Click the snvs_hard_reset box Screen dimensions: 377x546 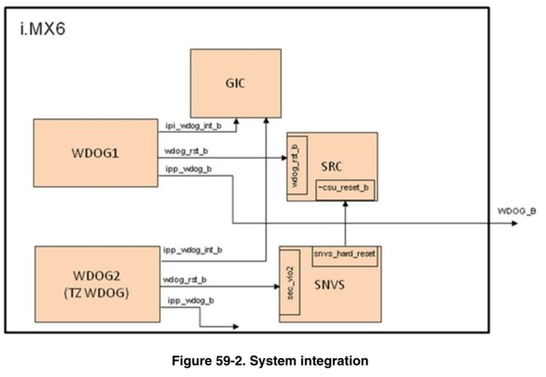[x=345, y=254]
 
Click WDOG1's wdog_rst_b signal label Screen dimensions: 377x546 [x=186, y=152]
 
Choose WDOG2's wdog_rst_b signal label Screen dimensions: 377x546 [x=186, y=279]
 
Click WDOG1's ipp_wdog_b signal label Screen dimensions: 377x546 [x=188, y=170]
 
